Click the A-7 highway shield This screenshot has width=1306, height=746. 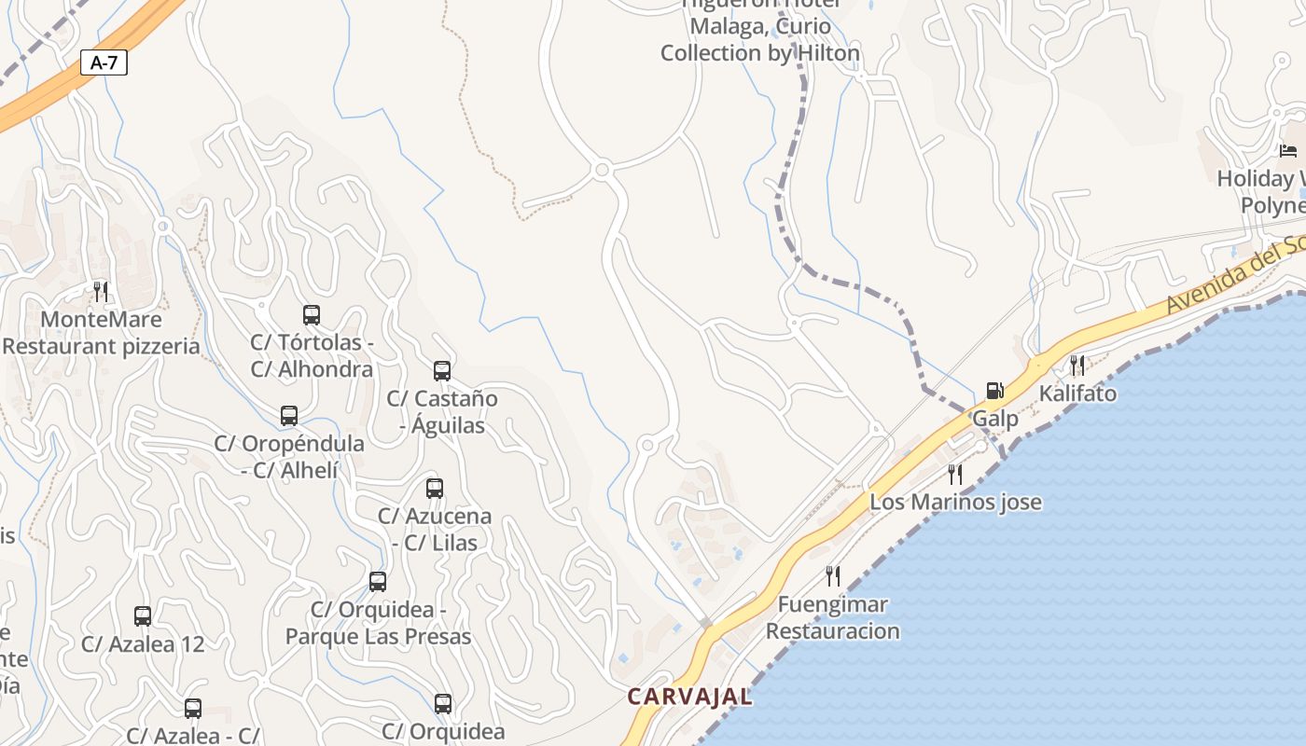point(104,63)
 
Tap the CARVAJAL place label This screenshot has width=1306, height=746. point(689,697)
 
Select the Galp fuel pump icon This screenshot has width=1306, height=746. point(995,391)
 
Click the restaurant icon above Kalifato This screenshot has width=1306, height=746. point(1077,365)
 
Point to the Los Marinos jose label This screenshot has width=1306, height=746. point(955,502)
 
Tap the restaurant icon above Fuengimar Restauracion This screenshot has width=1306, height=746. point(832,576)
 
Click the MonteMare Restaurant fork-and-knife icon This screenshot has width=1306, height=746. point(101,292)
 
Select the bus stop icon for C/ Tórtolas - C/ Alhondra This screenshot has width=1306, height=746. point(312,315)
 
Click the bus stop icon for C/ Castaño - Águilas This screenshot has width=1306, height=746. point(442,371)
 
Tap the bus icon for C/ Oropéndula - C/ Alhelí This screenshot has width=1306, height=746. point(289,416)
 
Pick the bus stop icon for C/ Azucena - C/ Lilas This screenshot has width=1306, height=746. point(435,489)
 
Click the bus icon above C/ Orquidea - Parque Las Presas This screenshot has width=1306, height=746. point(378,583)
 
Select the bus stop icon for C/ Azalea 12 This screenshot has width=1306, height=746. point(143,616)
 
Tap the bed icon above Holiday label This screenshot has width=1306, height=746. point(1288,151)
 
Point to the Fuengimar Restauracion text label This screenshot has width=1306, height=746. point(833,617)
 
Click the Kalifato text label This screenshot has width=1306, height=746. point(1077,394)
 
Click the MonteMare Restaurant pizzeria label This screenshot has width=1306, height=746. point(101,333)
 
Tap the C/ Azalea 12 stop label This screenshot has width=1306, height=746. point(143,644)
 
